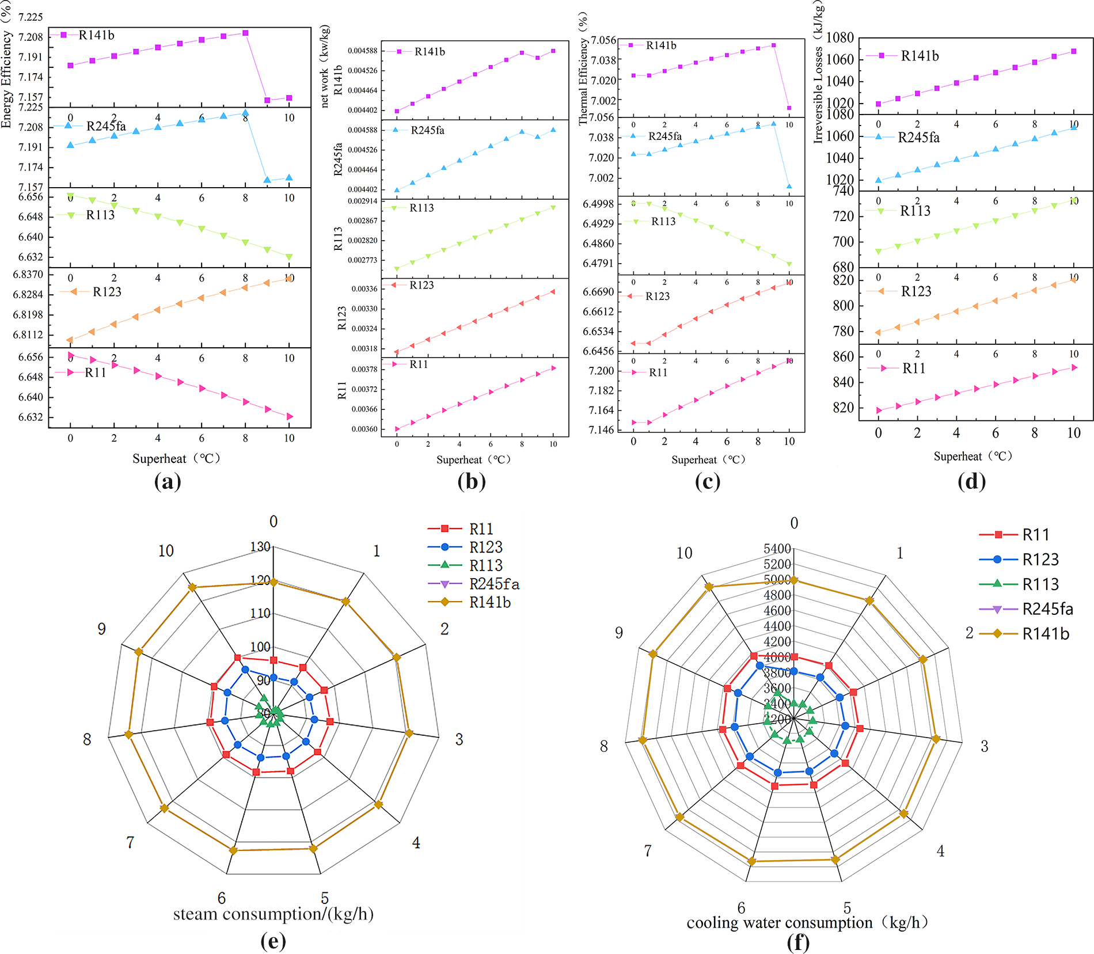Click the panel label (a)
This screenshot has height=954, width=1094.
point(168,481)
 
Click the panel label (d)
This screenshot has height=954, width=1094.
point(971,481)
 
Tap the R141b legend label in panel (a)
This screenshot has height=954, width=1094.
point(96,35)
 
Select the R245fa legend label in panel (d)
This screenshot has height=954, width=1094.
point(918,138)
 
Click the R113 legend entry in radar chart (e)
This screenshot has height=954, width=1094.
point(485,565)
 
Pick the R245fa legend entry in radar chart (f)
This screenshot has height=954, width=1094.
point(1047,609)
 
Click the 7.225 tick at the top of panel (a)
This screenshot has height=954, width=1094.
point(31,17)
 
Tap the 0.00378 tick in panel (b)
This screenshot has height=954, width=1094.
point(364,369)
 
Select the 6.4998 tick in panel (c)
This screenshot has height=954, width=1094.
point(598,204)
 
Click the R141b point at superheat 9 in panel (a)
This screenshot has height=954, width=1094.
point(267,100)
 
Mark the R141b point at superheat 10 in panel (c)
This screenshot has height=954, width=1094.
point(789,108)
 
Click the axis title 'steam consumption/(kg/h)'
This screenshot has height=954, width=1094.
point(273,914)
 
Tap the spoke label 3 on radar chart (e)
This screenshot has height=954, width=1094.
point(459,739)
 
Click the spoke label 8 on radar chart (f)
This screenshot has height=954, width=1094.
point(603,746)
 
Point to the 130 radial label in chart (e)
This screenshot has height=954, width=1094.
point(260,546)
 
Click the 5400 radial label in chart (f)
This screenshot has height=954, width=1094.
point(777,549)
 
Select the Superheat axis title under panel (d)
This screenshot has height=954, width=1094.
point(973,457)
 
